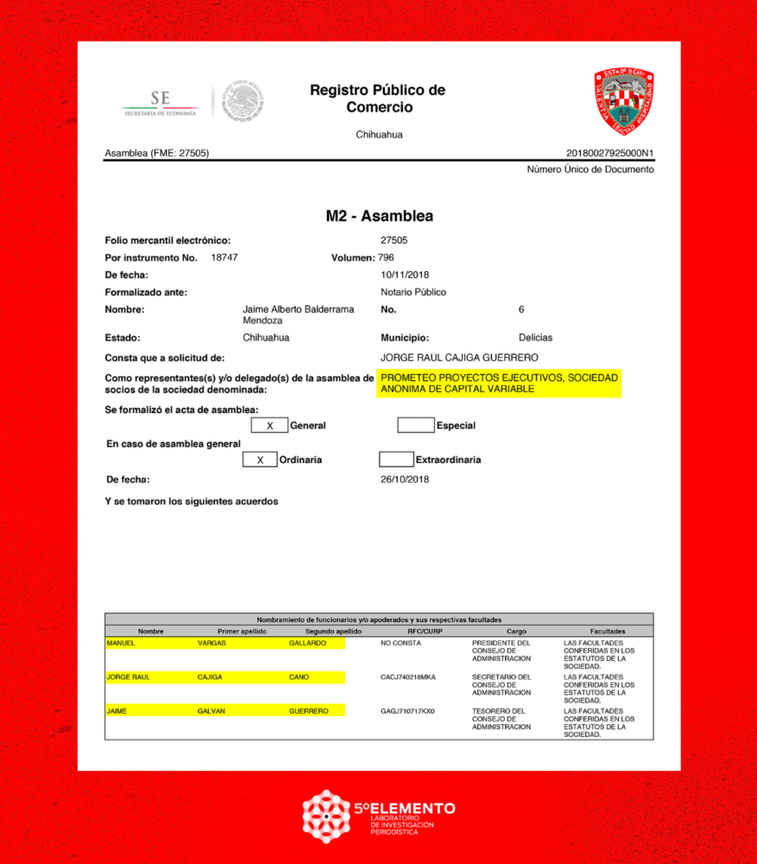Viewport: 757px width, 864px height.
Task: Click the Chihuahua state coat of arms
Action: pos(623,101)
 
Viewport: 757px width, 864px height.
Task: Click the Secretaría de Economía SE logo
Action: pos(161,102)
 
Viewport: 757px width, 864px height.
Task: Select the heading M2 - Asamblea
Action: pos(379,216)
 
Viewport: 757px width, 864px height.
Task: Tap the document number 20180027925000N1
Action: pos(609,153)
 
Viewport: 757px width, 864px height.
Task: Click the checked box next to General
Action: pos(269,425)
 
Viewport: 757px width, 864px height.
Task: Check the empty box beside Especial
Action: pos(415,425)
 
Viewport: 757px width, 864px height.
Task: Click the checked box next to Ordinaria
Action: pos(260,460)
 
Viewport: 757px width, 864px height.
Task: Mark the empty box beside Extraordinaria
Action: pos(395,460)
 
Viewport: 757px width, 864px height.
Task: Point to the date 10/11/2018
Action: pos(405,275)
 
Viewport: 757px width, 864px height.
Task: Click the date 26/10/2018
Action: pos(405,480)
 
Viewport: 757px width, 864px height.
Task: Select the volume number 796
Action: pos(386,257)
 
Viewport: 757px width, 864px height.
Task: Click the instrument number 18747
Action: pos(224,257)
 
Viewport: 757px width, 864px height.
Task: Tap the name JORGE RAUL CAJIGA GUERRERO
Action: pos(459,358)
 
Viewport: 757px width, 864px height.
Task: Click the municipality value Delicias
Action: pos(535,338)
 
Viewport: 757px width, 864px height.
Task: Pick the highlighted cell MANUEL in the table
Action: pos(122,644)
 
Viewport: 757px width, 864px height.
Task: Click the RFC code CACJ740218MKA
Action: pos(408,677)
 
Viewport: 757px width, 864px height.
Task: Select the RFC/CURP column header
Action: pos(424,632)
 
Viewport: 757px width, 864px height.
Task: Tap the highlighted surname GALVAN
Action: pos(211,711)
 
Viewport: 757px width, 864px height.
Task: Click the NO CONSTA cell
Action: pos(401,644)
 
